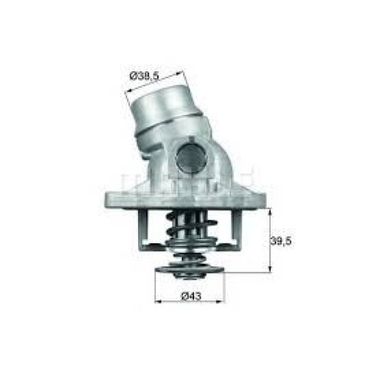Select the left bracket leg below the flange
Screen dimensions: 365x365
(x=144, y=228)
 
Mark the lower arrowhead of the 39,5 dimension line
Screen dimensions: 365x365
(x=268, y=269)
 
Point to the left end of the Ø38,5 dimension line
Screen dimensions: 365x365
(x=126, y=91)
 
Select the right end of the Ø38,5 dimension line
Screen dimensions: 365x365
(x=182, y=74)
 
